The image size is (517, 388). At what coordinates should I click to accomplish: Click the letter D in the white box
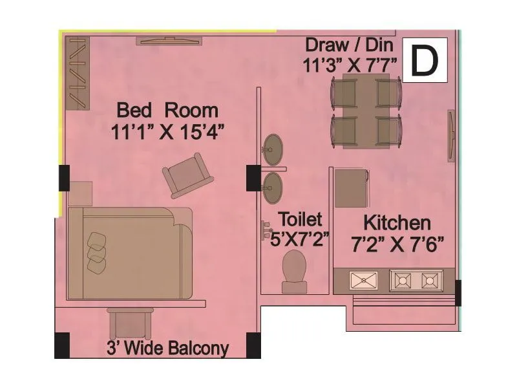coord(425,60)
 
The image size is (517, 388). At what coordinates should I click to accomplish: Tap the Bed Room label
coord(167,109)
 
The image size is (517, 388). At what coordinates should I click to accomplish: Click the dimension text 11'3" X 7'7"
coord(349,66)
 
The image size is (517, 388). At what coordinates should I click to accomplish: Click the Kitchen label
coord(397,223)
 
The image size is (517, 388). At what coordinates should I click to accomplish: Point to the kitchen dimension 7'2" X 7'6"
coord(397,245)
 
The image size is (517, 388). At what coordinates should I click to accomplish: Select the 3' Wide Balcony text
coord(167,349)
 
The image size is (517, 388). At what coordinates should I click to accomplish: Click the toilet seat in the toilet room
coord(294,268)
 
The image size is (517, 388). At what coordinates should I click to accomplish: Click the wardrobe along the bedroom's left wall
coord(77,72)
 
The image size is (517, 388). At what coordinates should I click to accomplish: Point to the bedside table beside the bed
coord(80,193)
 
